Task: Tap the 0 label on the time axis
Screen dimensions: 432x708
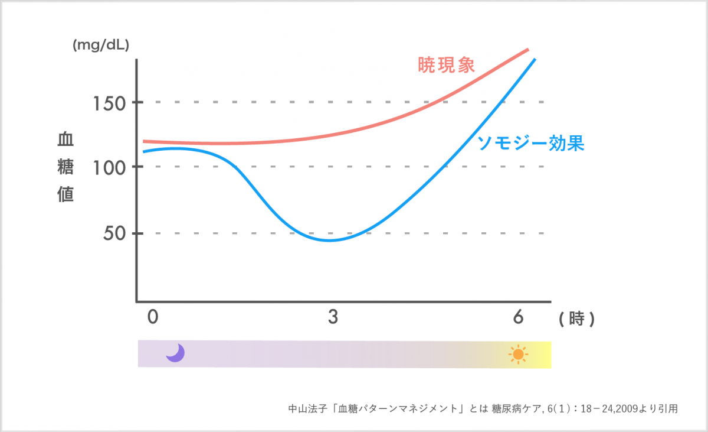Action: tap(153, 317)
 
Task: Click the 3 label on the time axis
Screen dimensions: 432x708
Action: tap(333, 317)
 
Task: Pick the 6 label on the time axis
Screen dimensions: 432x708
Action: tap(518, 317)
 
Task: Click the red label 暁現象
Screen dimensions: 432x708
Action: tap(446, 65)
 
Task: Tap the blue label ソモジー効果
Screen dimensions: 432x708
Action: tap(530, 144)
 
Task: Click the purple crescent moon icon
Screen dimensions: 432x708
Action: tap(175, 353)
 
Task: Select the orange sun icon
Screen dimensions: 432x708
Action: tap(518, 354)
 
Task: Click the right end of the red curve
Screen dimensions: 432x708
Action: tap(528, 50)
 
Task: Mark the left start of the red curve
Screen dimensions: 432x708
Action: tap(145, 141)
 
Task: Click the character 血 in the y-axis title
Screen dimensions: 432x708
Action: tap(65, 139)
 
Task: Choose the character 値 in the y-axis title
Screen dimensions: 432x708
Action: tap(65, 195)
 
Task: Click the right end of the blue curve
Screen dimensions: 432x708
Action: tap(535, 59)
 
